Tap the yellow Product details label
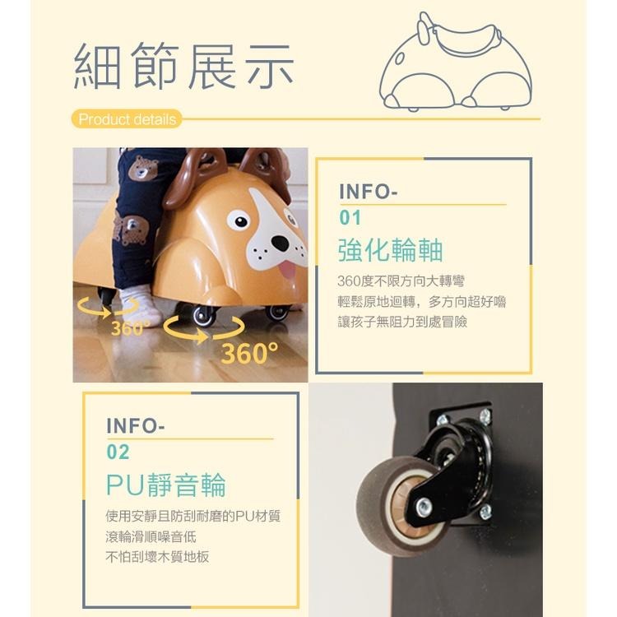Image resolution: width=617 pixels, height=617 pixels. coord(127,119)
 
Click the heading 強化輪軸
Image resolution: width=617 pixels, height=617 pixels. coord(390,249)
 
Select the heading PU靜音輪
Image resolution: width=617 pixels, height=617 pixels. coord(165,485)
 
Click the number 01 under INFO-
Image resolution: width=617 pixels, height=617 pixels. coord(350,219)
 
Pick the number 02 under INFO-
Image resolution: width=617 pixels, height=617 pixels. coord(118,452)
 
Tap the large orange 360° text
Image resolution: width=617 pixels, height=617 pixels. coord(249,354)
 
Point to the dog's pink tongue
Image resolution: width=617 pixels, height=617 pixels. coord(287,269)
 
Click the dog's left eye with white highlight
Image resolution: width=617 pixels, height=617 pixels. coord(239,220)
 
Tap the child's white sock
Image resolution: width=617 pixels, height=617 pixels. coord(140,307)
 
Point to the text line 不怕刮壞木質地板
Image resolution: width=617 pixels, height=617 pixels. coord(157,556)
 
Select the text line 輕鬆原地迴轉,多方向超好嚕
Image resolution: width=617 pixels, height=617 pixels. coord(422,301)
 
